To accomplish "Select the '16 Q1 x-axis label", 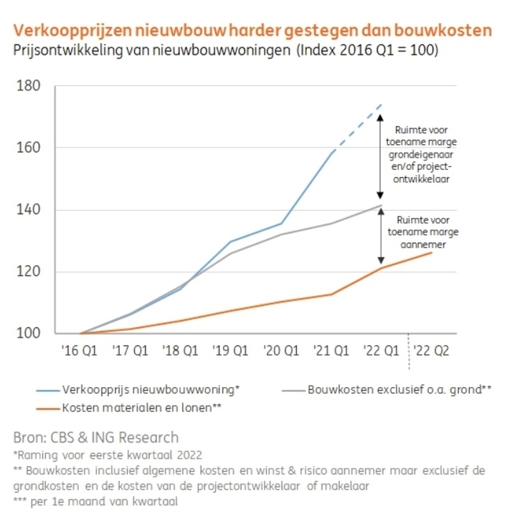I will pyautogui.click(x=80, y=352).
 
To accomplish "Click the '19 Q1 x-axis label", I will pyautogui.click(x=231, y=352).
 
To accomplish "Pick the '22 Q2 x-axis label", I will pyautogui.click(x=432, y=352).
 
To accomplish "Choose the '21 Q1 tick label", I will pyautogui.click(x=331, y=352).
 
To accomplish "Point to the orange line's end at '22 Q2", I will pyautogui.click(x=432, y=252).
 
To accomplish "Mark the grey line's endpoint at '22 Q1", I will pyautogui.click(x=382, y=206).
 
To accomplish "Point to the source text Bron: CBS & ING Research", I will pyautogui.click(x=96, y=437).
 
